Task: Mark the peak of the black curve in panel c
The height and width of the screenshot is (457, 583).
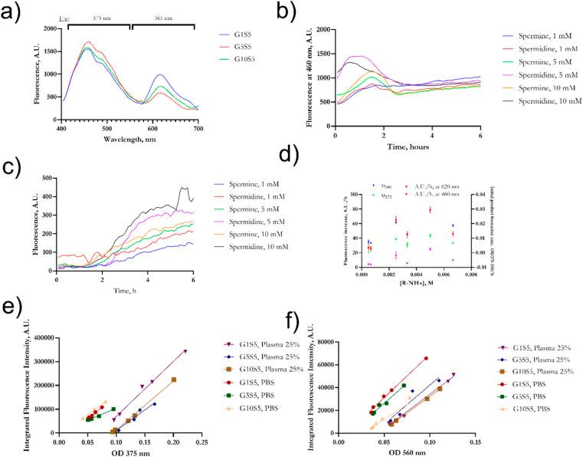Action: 182,187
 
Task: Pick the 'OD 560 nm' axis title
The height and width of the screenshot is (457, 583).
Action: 404,452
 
